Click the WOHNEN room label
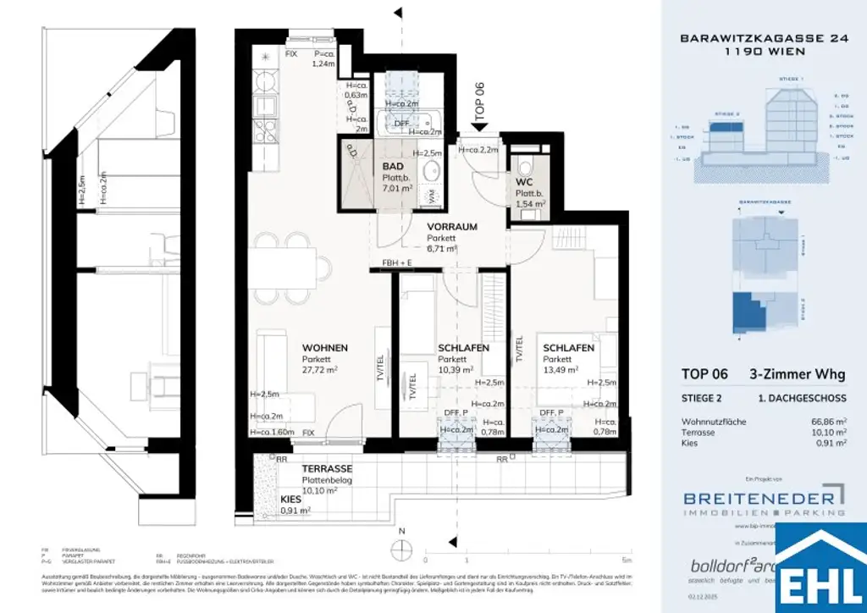(325, 348)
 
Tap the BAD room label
(392, 168)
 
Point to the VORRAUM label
(453, 227)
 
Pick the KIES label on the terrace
(290, 500)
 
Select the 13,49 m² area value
(561, 370)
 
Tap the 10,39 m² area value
(455, 370)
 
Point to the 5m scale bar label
(626, 561)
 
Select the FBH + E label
(398, 262)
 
